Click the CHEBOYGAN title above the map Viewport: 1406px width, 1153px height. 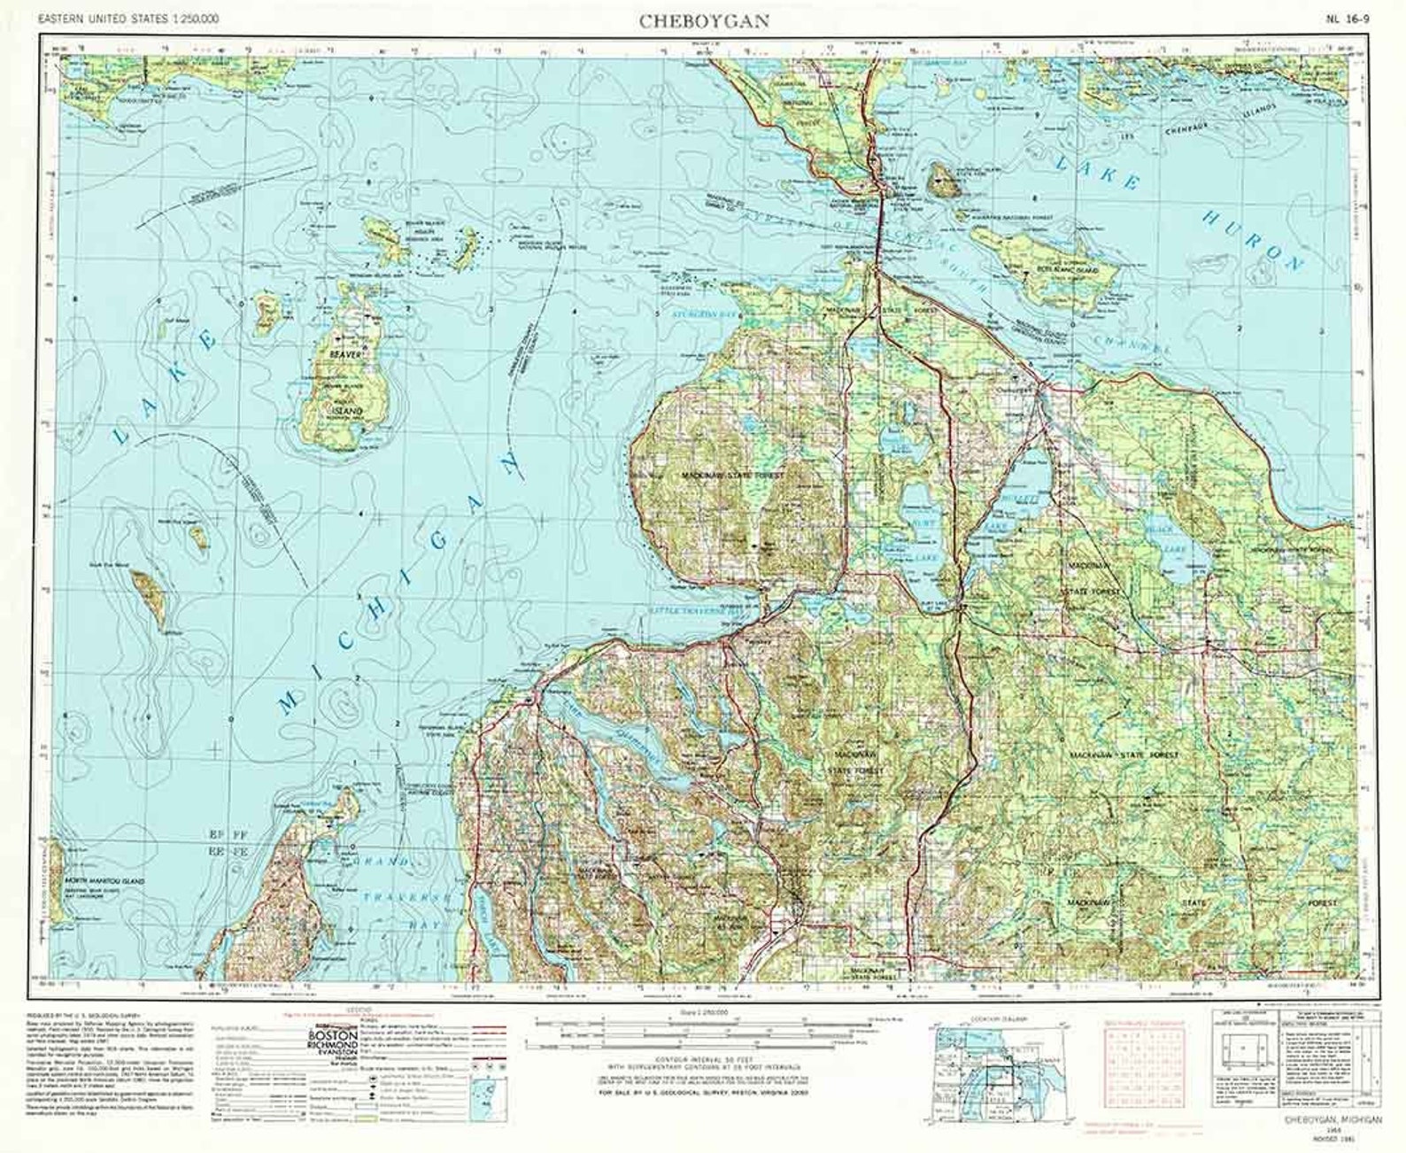(704, 21)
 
